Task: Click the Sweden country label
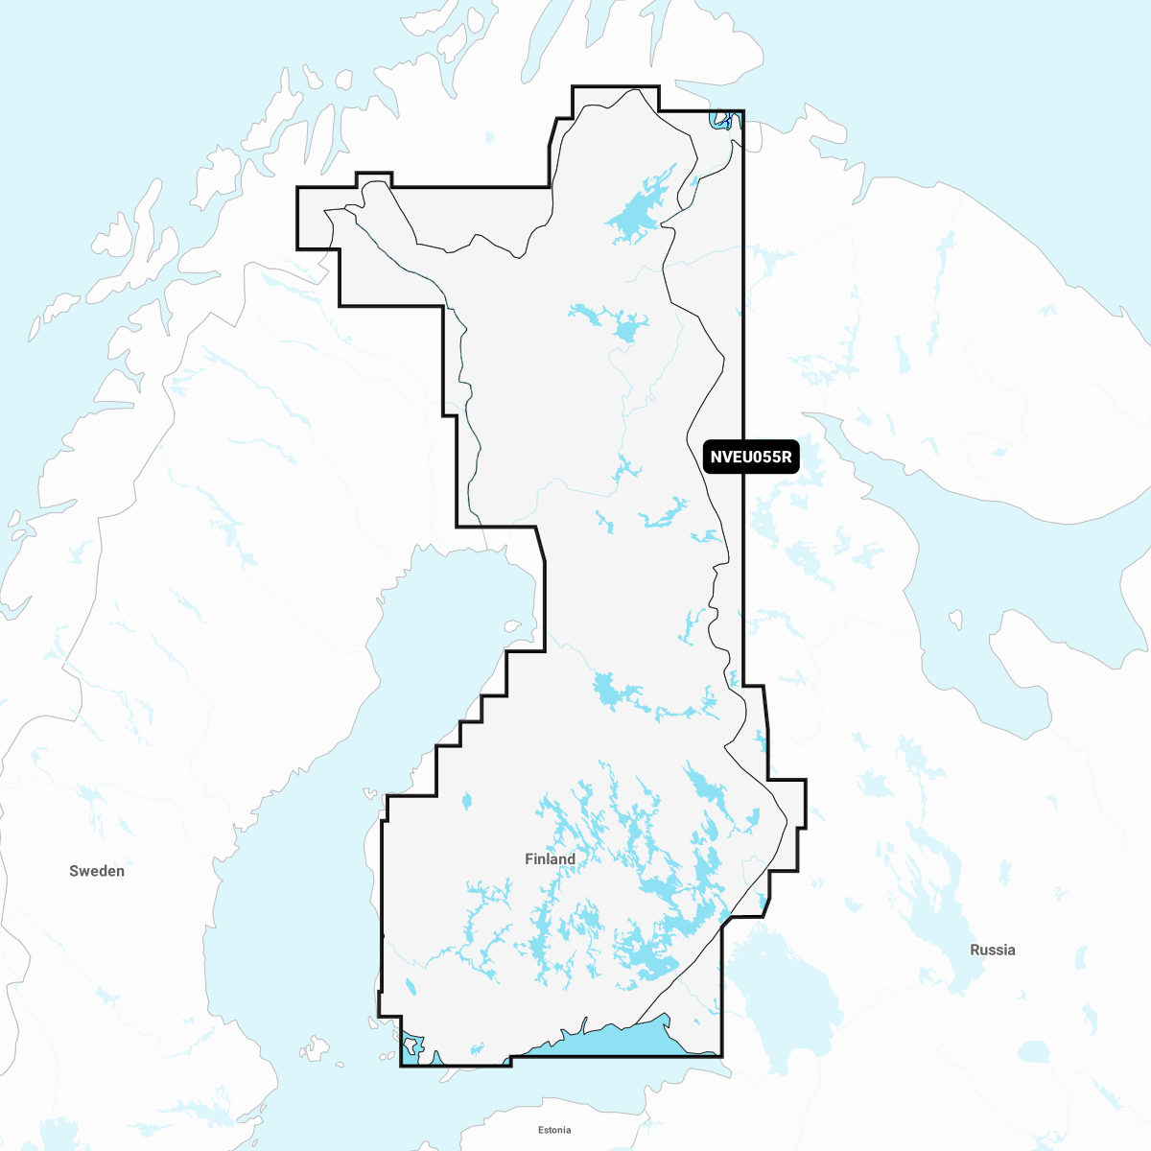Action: (97, 871)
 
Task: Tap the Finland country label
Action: (550, 859)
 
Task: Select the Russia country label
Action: (992, 950)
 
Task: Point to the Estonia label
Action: (554, 1130)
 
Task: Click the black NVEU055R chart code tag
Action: (751, 457)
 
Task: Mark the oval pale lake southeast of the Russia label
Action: (1034, 1052)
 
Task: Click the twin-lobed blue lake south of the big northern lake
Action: (614, 321)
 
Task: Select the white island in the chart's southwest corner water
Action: (411, 1043)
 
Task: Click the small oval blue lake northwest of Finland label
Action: (467, 800)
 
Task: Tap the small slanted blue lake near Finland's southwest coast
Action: (410, 986)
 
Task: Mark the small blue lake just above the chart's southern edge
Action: (477, 1050)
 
